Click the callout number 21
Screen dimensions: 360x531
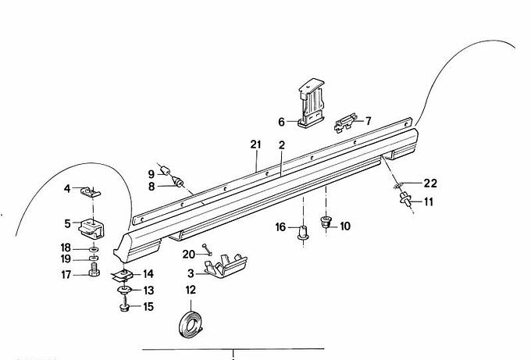click(255, 144)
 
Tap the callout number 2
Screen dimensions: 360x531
click(281, 144)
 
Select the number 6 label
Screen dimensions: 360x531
click(282, 122)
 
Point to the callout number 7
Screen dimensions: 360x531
click(369, 121)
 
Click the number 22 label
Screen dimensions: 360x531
click(430, 184)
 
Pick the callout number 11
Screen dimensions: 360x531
click(429, 201)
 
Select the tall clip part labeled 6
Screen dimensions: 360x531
click(312, 105)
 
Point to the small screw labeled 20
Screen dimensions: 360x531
click(205, 250)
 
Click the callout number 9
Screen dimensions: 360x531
click(151, 173)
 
